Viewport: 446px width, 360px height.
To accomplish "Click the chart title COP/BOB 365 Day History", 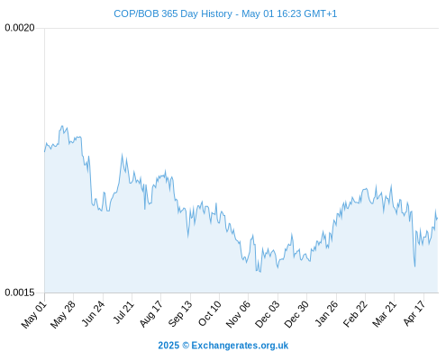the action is tap(173, 13).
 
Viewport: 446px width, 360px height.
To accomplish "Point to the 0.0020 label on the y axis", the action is tap(20, 28).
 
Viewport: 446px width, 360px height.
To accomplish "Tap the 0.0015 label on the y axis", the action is tap(20, 292).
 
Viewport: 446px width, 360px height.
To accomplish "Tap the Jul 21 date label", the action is tap(123, 312).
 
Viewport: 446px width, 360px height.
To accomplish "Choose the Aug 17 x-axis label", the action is tap(151, 314).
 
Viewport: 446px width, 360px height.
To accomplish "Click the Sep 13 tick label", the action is tap(180, 314).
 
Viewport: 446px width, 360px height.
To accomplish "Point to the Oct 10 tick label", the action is tap(210, 313).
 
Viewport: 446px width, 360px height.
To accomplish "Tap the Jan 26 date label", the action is tap(326, 314).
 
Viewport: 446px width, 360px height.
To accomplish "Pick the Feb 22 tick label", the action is tap(355, 314).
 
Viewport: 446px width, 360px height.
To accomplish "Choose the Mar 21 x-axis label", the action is tap(385, 314).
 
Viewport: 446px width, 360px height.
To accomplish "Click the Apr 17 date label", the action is tap(414, 313).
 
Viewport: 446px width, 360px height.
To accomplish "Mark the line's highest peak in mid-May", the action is tap(62, 126).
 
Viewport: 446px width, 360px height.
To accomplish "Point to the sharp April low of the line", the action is tap(414, 266).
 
